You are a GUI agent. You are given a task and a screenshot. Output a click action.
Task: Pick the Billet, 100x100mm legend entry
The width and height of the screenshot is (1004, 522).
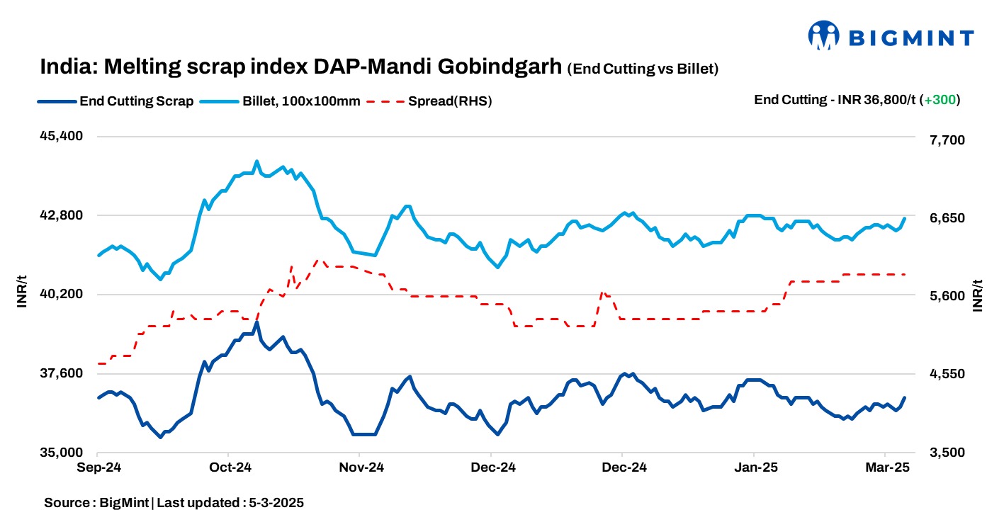(301, 101)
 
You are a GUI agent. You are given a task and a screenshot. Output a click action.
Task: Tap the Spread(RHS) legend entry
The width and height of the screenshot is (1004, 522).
(449, 101)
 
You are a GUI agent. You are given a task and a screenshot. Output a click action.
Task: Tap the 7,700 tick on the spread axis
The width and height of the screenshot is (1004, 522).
(948, 140)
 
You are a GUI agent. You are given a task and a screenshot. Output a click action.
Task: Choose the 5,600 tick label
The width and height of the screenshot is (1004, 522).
(948, 295)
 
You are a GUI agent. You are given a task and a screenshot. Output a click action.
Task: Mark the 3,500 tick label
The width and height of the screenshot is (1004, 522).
(948, 452)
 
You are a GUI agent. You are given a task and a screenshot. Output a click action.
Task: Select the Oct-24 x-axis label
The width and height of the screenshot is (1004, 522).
(230, 467)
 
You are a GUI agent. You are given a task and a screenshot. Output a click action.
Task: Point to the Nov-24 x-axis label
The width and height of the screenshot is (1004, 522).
(361, 467)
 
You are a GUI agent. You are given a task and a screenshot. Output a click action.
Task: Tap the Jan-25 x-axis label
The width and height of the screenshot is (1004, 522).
(755, 467)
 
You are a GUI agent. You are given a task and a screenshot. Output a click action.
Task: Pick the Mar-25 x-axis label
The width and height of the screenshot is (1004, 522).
(886, 467)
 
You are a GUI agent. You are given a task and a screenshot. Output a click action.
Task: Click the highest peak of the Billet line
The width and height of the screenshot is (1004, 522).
(256, 161)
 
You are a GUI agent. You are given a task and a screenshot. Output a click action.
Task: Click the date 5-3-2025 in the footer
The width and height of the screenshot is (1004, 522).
(276, 503)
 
